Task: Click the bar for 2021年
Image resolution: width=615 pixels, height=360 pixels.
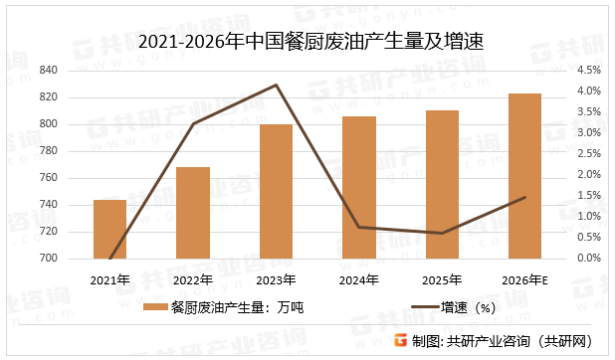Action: pos(109,230)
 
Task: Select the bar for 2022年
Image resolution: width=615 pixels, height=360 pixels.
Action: pos(193,213)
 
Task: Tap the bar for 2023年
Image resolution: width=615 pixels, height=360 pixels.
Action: pos(276,192)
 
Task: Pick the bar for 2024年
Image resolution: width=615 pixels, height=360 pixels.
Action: pos(359,188)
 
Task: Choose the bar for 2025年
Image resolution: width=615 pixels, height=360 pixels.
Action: pos(442,185)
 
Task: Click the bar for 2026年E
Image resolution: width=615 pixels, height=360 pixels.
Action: pos(524,176)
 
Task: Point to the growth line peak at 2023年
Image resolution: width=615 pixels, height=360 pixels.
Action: pos(276,85)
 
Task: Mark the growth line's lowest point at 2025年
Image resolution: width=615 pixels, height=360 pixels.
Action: pos(442,234)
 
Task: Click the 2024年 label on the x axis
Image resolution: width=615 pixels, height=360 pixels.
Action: pos(359,279)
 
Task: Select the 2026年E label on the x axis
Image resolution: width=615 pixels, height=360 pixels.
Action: pos(524,279)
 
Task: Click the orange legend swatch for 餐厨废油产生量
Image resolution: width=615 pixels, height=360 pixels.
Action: pos(155,308)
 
